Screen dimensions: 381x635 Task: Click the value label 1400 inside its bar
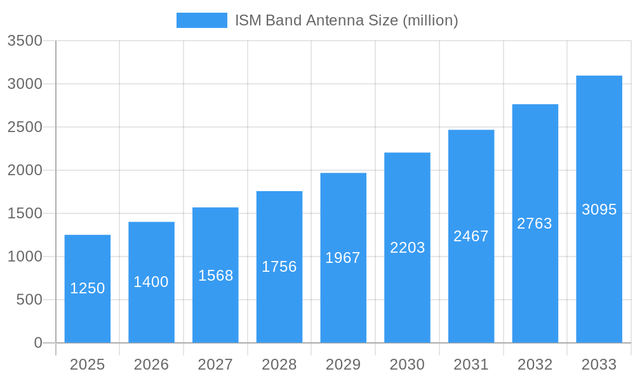pos(151,282)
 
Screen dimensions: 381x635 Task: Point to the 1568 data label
pos(216,276)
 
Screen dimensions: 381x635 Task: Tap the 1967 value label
pos(343,258)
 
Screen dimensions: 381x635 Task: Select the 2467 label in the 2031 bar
pos(471,236)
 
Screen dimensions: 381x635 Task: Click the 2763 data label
pos(535,224)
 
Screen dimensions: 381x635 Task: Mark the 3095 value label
pos(599,210)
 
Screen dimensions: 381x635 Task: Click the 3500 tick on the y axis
pos(25,41)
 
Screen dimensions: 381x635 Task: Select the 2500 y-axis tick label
pos(25,127)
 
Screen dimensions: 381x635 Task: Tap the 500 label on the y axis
pos(29,300)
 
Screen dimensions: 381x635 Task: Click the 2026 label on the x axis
pos(151,364)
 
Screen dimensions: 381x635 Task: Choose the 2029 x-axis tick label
pos(343,364)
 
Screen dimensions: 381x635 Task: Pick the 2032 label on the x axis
pos(535,364)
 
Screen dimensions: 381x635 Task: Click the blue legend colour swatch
pos(201,20)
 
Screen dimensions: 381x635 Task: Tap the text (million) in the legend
pos(431,20)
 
